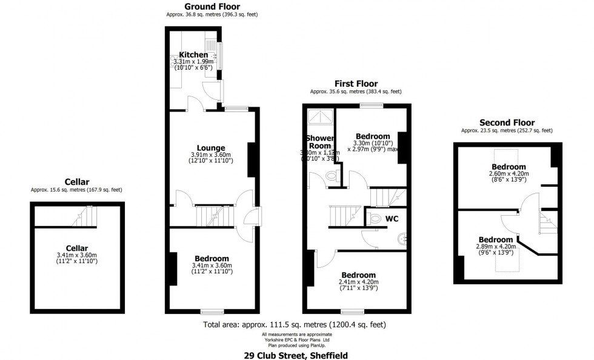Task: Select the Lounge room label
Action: tap(211, 147)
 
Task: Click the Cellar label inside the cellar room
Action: tap(77, 248)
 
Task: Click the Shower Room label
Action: tap(319, 142)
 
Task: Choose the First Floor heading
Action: tap(356, 84)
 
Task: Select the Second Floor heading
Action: tap(507, 122)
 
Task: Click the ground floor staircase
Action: tap(212, 216)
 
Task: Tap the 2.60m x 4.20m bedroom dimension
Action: tap(508, 174)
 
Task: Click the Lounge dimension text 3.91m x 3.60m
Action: tap(212, 155)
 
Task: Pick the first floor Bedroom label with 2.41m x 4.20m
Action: tap(358, 275)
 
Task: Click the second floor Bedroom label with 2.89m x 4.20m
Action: tap(496, 239)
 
